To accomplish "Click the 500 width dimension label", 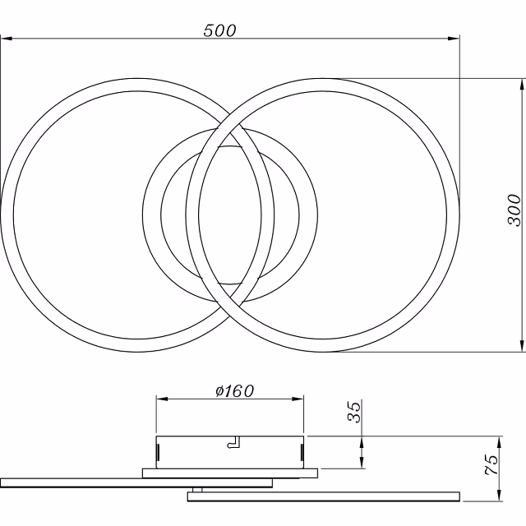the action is coord(219,30).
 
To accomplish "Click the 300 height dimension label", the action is coord(514,210).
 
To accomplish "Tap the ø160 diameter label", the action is coord(235,391).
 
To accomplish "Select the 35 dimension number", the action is coord(354,412).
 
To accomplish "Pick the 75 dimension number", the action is coord(491,465).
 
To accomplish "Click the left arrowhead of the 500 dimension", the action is coord(7,39).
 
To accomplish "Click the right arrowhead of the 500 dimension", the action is coord(453,39).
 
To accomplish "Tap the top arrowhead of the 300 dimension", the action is coord(522,85).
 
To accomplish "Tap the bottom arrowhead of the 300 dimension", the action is coord(522,346).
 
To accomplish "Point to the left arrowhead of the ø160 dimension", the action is coord(163,399).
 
